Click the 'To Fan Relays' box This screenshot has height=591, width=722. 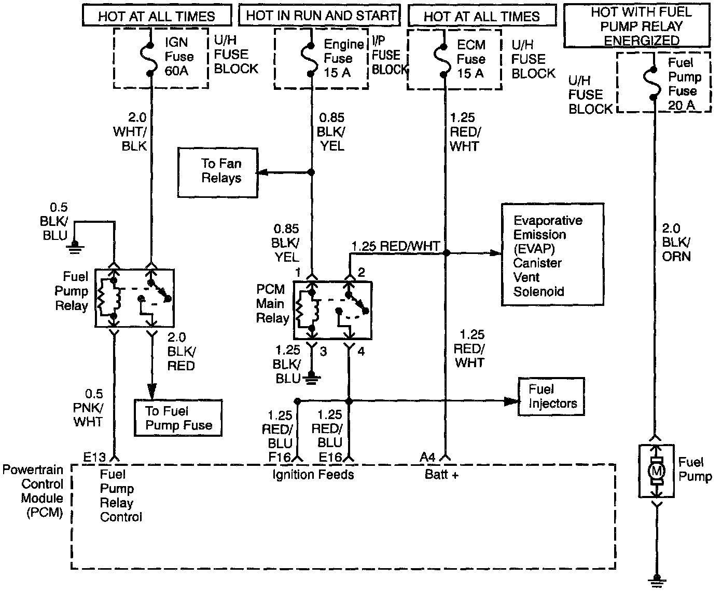coord(218,171)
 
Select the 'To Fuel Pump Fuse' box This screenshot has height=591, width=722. coord(178,418)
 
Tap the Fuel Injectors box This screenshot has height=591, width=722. coord(551,396)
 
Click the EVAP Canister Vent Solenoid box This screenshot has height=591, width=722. coord(552,254)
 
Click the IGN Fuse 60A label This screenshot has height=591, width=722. coord(179,56)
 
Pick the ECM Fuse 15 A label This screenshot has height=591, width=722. coord(470,58)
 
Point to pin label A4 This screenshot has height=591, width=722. coord(427,458)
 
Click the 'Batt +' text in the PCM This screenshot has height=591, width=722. coord(441,474)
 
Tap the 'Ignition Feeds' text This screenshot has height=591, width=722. coord(313,474)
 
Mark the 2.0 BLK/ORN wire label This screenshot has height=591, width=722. coord(676,242)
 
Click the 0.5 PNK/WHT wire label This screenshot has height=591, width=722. coord(88,408)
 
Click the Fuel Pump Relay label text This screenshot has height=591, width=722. coord(72,291)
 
